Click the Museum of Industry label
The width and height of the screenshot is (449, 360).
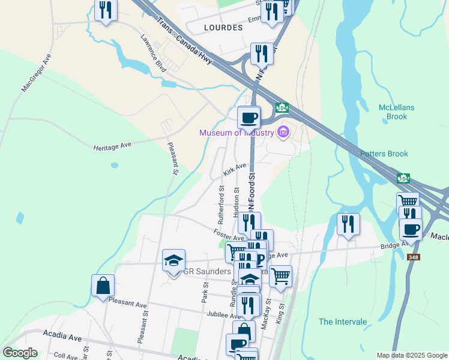237,133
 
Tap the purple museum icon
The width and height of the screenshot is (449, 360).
283,132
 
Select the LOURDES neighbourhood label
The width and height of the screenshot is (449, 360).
223,28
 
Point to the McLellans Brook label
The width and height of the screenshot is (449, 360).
397,112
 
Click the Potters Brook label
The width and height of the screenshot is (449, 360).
384,154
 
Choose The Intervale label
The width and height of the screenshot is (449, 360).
343,322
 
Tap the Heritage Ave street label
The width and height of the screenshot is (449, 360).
112,146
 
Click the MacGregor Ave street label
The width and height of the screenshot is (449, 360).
37,73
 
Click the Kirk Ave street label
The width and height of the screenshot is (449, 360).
235,169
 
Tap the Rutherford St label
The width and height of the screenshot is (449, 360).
221,202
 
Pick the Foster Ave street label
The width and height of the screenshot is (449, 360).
228,235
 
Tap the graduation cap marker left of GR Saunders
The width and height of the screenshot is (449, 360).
173,260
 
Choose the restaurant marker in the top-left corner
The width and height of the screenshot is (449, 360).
106,10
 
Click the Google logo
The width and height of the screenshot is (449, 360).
20,352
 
